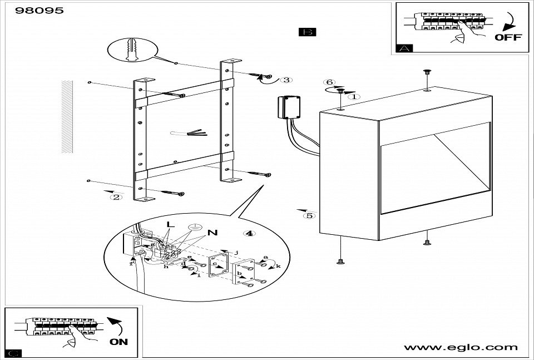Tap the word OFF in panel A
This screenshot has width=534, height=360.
pyautogui.click(x=508, y=37)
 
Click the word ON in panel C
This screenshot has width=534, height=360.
pyautogui.click(x=118, y=342)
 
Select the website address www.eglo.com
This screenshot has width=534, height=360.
pyautogui.click(x=461, y=347)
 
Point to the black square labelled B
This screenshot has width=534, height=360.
pyautogui.click(x=307, y=32)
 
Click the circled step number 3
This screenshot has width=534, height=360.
pyautogui.click(x=286, y=80)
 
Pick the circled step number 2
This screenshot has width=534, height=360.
pyautogui.click(x=116, y=196)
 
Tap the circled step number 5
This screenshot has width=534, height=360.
pyautogui.click(x=309, y=215)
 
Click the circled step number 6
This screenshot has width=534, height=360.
pyautogui.click(x=329, y=83)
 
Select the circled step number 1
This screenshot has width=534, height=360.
pyautogui.click(x=355, y=96)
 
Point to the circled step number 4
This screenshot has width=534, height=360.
pyautogui.click(x=250, y=233)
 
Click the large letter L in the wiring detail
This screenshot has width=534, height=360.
pyautogui.click(x=170, y=225)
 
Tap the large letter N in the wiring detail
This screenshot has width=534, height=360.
pyautogui.click(x=212, y=232)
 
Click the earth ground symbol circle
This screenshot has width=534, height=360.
pyautogui.click(x=194, y=227)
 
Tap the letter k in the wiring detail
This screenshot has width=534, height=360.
pyautogui.click(x=278, y=267)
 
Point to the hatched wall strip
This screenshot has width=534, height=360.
pyautogui.click(x=67, y=116)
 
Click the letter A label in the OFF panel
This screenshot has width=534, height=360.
pyautogui.click(x=404, y=48)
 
